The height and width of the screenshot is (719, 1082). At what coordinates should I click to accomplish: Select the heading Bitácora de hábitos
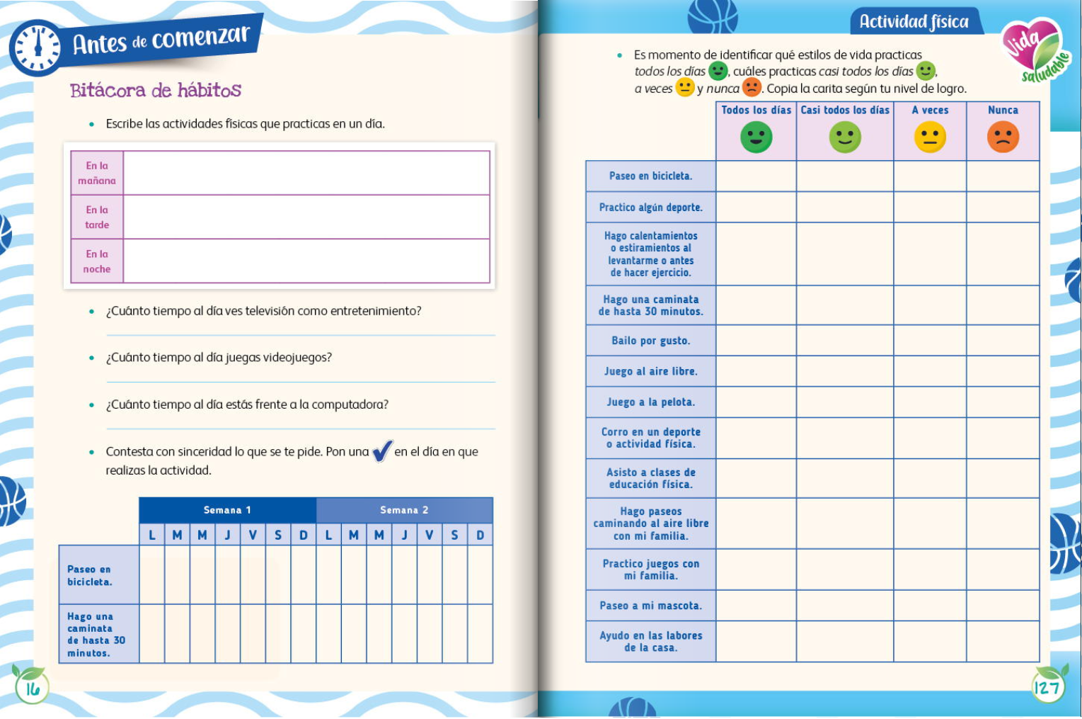[156, 91]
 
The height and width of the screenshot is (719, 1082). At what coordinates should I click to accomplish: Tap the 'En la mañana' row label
[97, 173]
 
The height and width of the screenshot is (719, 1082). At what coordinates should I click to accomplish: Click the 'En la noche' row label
[97, 261]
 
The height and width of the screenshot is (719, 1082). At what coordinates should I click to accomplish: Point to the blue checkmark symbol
[381, 451]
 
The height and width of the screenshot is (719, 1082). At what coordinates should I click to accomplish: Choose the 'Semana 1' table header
[227, 510]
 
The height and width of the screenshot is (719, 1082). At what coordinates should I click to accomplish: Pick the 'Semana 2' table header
[404, 510]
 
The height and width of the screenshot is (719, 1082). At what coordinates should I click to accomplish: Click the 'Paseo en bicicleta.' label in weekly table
[90, 575]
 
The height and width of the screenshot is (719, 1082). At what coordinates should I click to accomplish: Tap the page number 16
[33, 688]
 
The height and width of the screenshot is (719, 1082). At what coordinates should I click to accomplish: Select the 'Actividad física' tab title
[914, 22]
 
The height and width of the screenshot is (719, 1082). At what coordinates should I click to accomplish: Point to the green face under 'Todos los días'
[756, 137]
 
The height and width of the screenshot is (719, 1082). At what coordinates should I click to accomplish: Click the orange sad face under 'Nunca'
[1003, 137]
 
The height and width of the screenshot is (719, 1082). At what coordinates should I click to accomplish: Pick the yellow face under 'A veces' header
[930, 137]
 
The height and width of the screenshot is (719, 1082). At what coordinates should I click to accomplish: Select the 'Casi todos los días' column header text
[845, 111]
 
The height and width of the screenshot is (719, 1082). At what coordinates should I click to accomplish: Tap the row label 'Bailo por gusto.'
[650, 341]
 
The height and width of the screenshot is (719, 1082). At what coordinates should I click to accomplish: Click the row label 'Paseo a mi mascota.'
[650, 606]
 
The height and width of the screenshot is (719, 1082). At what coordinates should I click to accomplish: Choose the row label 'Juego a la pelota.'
[650, 402]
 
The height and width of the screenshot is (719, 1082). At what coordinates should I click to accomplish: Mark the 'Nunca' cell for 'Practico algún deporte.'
[1003, 208]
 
